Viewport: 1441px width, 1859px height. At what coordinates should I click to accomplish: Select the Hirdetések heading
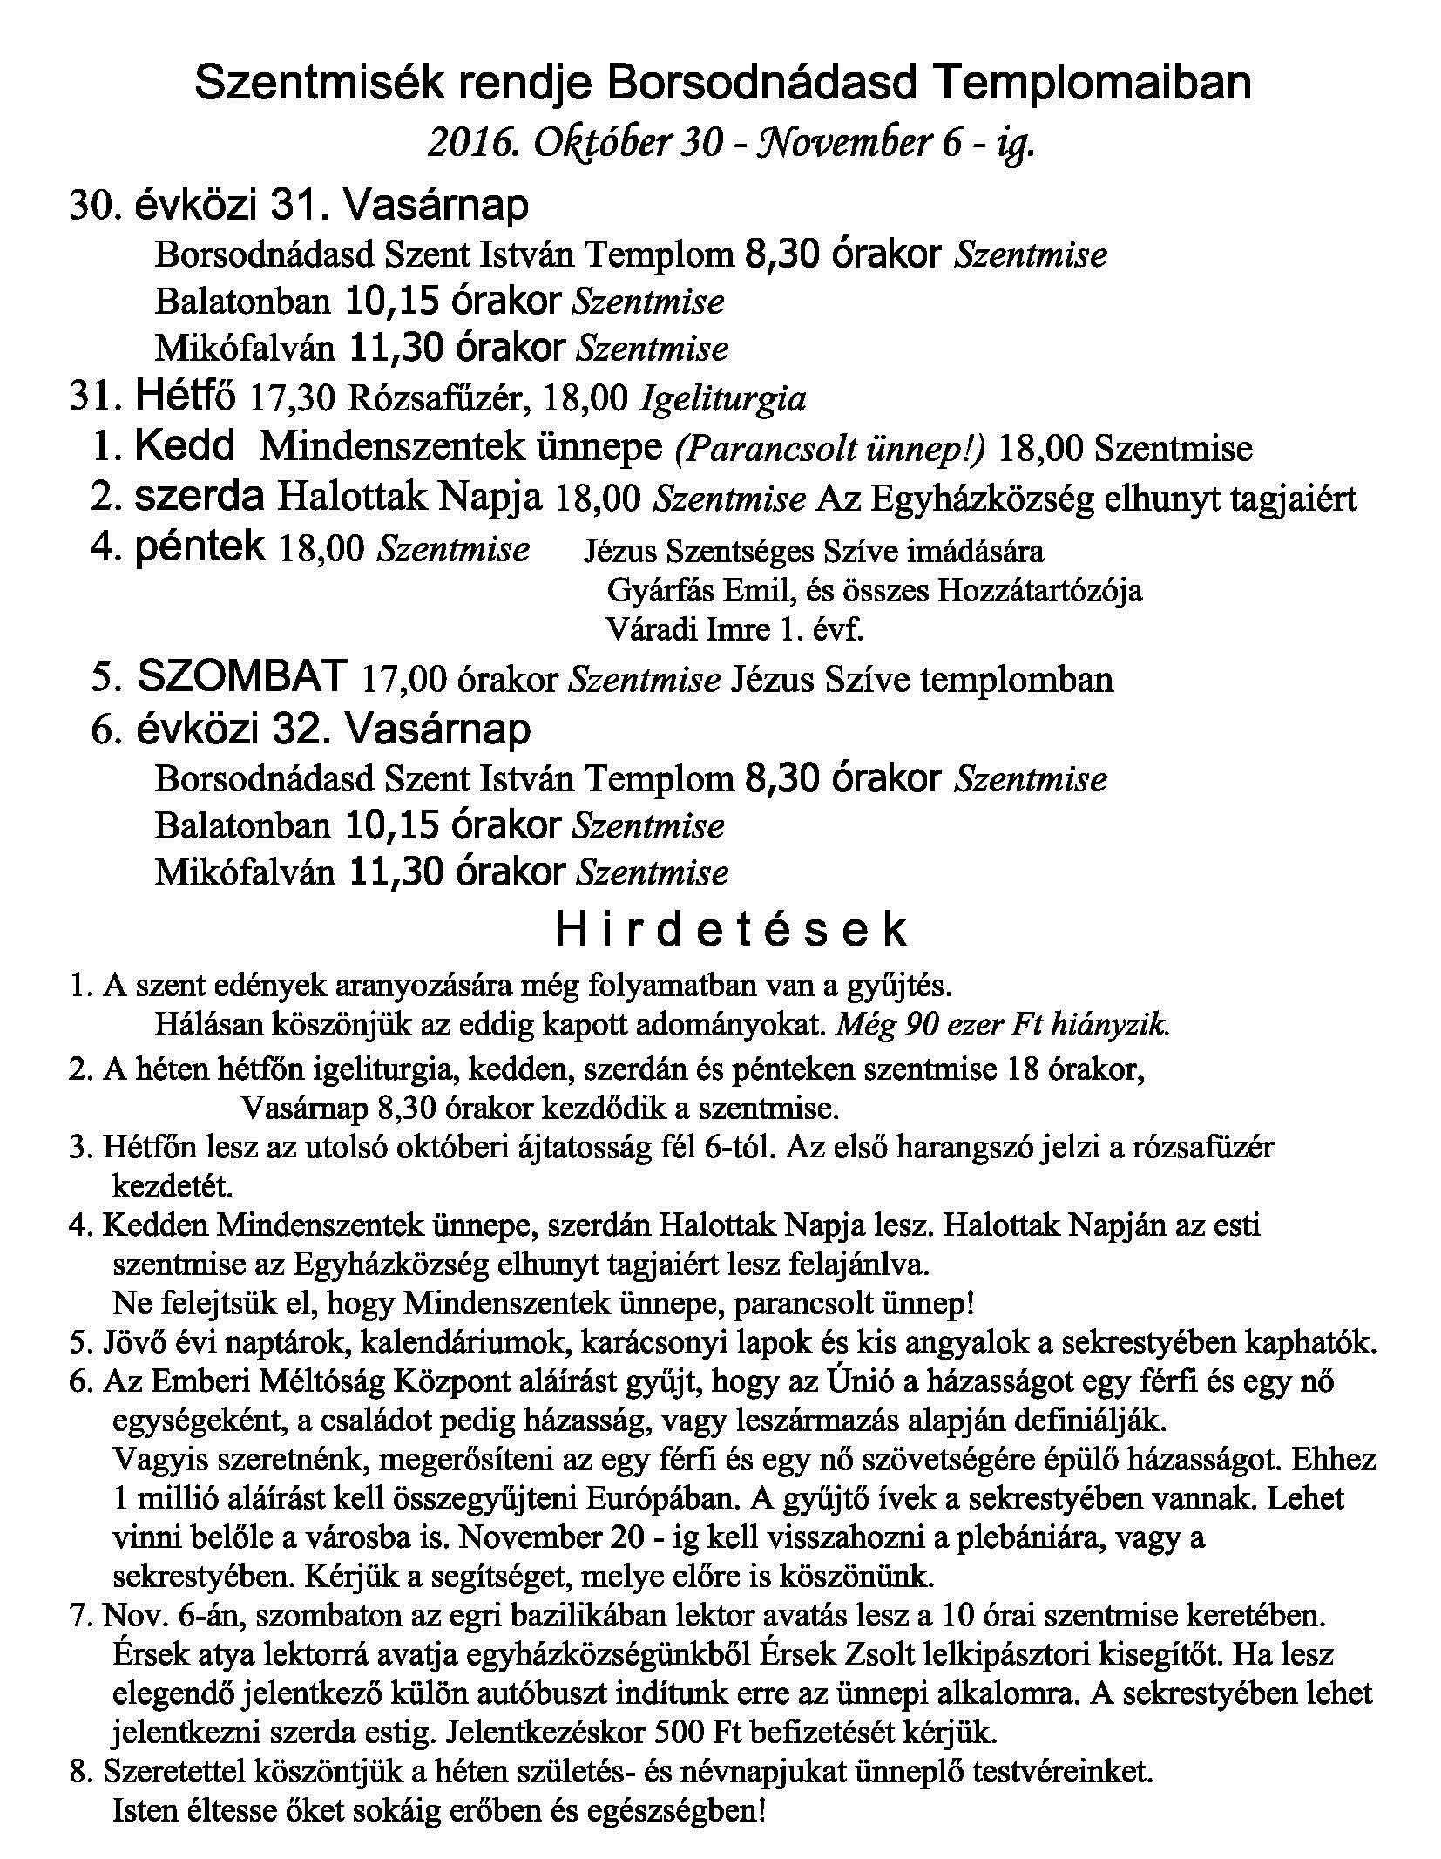730,931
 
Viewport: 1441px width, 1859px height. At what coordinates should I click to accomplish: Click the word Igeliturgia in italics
722,399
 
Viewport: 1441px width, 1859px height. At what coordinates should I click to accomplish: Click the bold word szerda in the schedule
200,498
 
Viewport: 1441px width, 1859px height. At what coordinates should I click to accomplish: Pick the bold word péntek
200,547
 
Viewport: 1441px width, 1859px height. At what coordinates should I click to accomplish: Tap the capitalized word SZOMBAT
243,677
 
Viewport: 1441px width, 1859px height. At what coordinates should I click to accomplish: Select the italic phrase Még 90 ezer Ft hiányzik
1002,1024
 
